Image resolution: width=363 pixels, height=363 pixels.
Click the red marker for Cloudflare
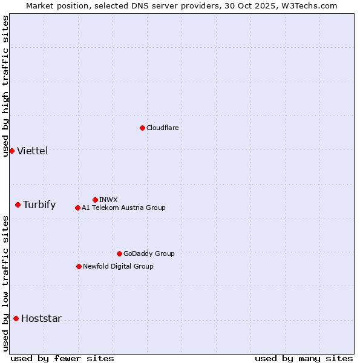pyautogui.click(x=142, y=128)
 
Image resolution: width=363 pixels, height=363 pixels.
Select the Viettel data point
pyautogui.click(x=11, y=151)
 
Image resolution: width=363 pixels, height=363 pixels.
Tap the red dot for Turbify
pyautogui.click(x=18, y=204)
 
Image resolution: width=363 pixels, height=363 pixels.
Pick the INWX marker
pyautogui.click(x=95, y=200)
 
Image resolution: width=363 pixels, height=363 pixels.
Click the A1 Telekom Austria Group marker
pyautogui.click(x=77, y=208)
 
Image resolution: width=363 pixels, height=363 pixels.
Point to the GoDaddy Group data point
pyautogui.click(x=119, y=253)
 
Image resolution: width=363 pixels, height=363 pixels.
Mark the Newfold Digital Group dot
pyautogui.click(x=79, y=266)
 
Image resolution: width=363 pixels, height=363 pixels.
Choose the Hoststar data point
pyautogui.click(x=16, y=318)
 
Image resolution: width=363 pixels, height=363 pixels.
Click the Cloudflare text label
pyautogui.click(x=162, y=128)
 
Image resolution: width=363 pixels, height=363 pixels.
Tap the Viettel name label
pyautogui.click(x=32, y=151)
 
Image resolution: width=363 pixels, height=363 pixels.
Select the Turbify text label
pyautogui.click(x=39, y=204)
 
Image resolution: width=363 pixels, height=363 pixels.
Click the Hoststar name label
pyautogui.click(x=41, y=318)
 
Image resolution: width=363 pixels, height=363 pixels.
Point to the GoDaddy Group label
pyautogui.click(x=149, y=253)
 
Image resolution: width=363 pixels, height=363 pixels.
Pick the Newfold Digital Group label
pyautogui.click(x=118, y=266)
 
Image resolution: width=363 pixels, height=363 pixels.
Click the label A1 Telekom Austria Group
pyautogui.click(x=123, y=208)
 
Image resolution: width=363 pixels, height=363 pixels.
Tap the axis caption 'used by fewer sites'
pyautogui.click(x=62, y=358)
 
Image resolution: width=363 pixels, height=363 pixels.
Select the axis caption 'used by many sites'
pyautogui.click(x=304, y=358)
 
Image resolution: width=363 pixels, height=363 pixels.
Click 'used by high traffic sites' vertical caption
pyautogui.click(x=5, y=86)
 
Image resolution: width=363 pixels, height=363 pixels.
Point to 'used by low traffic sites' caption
pyautogui.click(x=5, y=283)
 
